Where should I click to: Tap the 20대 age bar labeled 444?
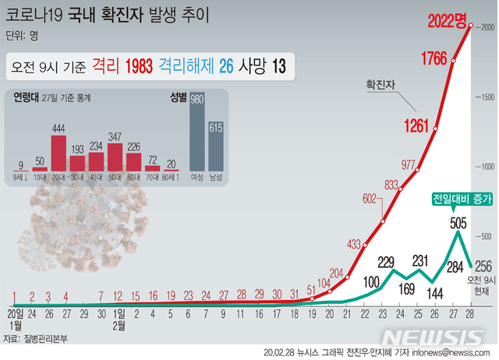coord(58,153)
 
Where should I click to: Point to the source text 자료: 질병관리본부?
coord(36,339)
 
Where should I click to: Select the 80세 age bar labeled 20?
coord(172,168)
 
